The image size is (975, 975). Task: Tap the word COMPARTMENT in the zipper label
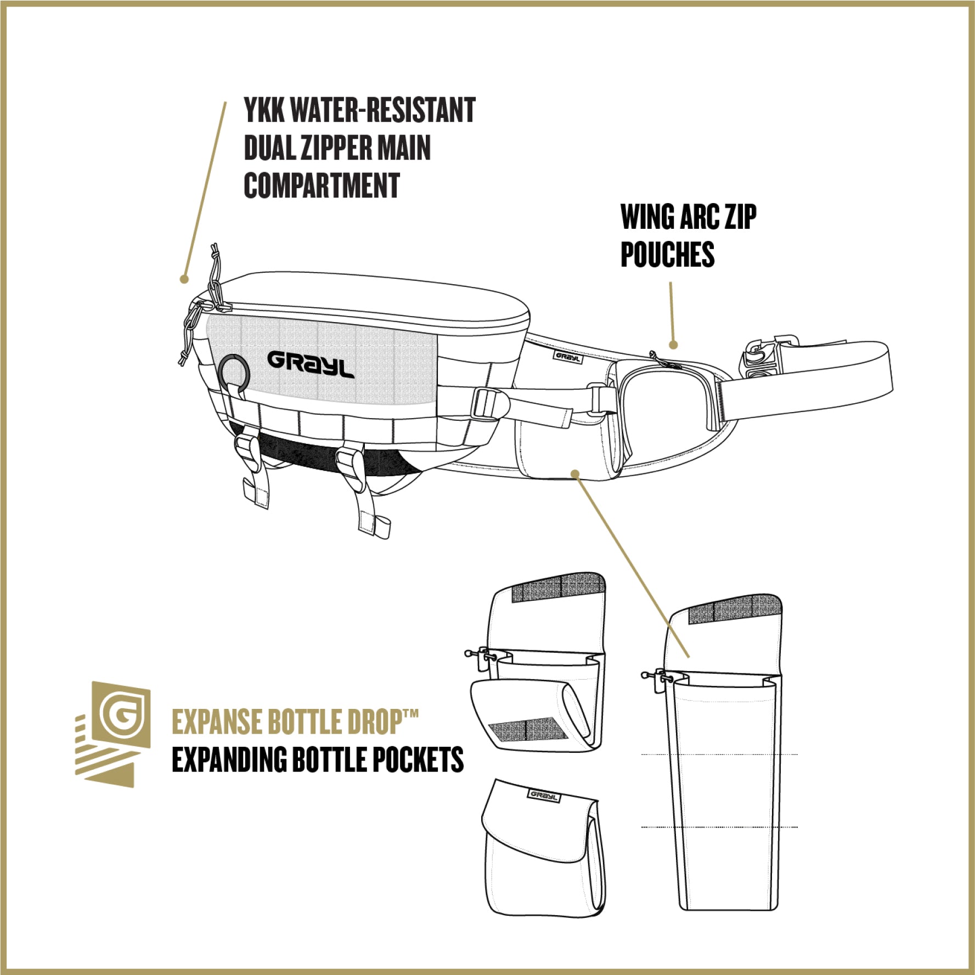pos(322,185)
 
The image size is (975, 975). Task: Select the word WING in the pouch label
pos(647,217)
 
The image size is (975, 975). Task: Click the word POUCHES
pos(668,254)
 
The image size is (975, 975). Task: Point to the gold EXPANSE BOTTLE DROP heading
pos(295,722)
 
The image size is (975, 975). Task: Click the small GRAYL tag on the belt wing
pos(567,357)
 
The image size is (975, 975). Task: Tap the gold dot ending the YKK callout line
pos(184,279)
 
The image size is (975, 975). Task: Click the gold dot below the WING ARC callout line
pos(674,345)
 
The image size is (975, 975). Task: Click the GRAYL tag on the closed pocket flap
pos(543,796)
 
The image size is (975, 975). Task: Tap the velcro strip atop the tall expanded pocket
pos(734,608)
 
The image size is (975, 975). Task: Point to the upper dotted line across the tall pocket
pos(719,754)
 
